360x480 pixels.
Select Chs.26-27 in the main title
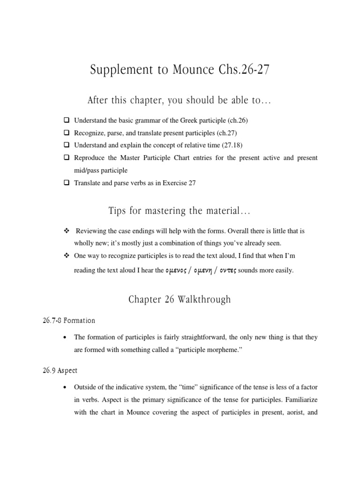pos(245,72)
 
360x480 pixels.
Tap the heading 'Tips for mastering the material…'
pos(180,212)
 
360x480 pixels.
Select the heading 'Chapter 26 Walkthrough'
pos(180,300)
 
